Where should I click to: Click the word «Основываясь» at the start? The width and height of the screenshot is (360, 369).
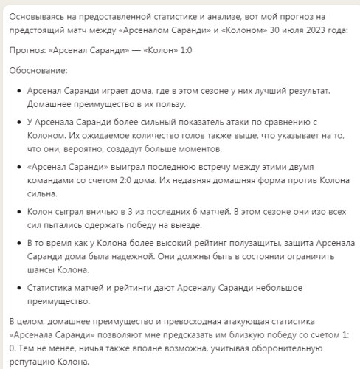(34, 15)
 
